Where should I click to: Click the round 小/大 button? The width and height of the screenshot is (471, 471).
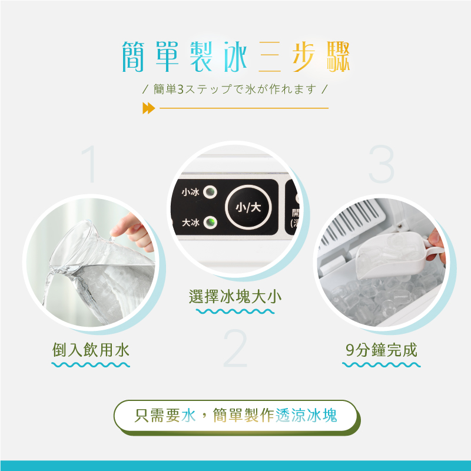click(248, 207)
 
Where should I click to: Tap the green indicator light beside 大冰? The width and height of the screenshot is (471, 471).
click(210, 223)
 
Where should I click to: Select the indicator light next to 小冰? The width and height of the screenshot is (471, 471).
click(210, 192)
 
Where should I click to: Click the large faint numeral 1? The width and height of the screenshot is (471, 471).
click(89, 164)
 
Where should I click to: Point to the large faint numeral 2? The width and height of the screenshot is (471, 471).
click(235, 348)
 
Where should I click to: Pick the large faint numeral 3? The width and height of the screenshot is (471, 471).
click(381, 164)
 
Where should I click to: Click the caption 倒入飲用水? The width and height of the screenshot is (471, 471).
click(91, 350)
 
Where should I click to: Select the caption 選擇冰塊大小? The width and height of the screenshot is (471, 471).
click(235, 297)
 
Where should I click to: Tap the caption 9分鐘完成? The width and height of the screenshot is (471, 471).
click(381, 350)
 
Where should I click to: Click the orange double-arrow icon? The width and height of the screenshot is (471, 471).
click(149, 108)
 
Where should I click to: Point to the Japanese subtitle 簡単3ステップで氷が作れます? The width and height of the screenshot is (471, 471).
click(235, 89)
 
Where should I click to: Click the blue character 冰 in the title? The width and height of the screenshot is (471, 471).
click(235, 57)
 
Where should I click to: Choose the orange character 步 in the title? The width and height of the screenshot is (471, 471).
click(304, 57)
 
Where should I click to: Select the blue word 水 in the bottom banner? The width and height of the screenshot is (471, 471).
click(188, 416)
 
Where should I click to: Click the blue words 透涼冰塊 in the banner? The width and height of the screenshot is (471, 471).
click(306, 416)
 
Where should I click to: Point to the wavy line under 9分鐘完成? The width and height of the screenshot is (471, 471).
click(381, 365)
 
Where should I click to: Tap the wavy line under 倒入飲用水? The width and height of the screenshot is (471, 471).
click(91, 365)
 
